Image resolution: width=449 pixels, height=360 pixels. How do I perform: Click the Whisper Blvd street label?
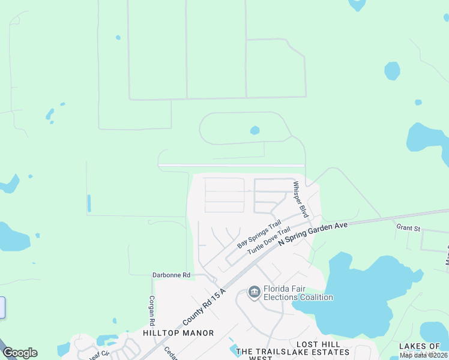(x=300, y=200)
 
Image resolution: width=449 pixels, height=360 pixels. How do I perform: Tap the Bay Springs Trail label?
(x=259, y=235)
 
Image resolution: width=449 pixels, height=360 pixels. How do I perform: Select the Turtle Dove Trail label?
(x=269, y=241)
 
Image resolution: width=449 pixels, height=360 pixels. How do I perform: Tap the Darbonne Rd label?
(x=170, y=275)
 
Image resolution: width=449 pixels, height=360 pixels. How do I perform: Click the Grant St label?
(x=408, y=227)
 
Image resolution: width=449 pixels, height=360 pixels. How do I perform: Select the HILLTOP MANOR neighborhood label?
(x=178, y=332)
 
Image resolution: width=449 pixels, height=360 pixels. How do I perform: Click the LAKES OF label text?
(x=420, y=346)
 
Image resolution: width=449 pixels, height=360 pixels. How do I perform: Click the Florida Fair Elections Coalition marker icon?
(x=254, y=292)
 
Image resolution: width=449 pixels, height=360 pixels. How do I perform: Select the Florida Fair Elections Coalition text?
(x=297, y=293)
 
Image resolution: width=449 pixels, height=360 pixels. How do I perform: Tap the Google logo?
(x=20, y=353)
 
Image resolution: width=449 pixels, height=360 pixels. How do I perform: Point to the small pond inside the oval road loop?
(x=255, y=130)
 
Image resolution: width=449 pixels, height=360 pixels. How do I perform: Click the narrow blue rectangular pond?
(x=89, y=203)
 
